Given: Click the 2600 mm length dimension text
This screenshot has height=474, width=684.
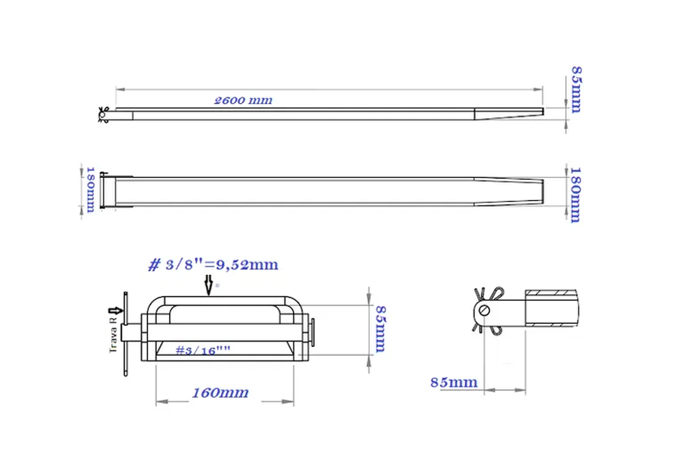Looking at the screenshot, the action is (x=243, y=100).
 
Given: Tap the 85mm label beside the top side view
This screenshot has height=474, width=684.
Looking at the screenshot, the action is (x=576, y=90).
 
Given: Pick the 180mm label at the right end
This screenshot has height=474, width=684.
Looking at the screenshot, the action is (x=576, y=195).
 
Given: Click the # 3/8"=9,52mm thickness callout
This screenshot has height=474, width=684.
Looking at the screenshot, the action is (x=213, y=265).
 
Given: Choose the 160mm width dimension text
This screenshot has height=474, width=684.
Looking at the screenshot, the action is (x=220, y=393).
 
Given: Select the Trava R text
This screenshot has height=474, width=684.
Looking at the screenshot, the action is (x=113, y=335).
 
